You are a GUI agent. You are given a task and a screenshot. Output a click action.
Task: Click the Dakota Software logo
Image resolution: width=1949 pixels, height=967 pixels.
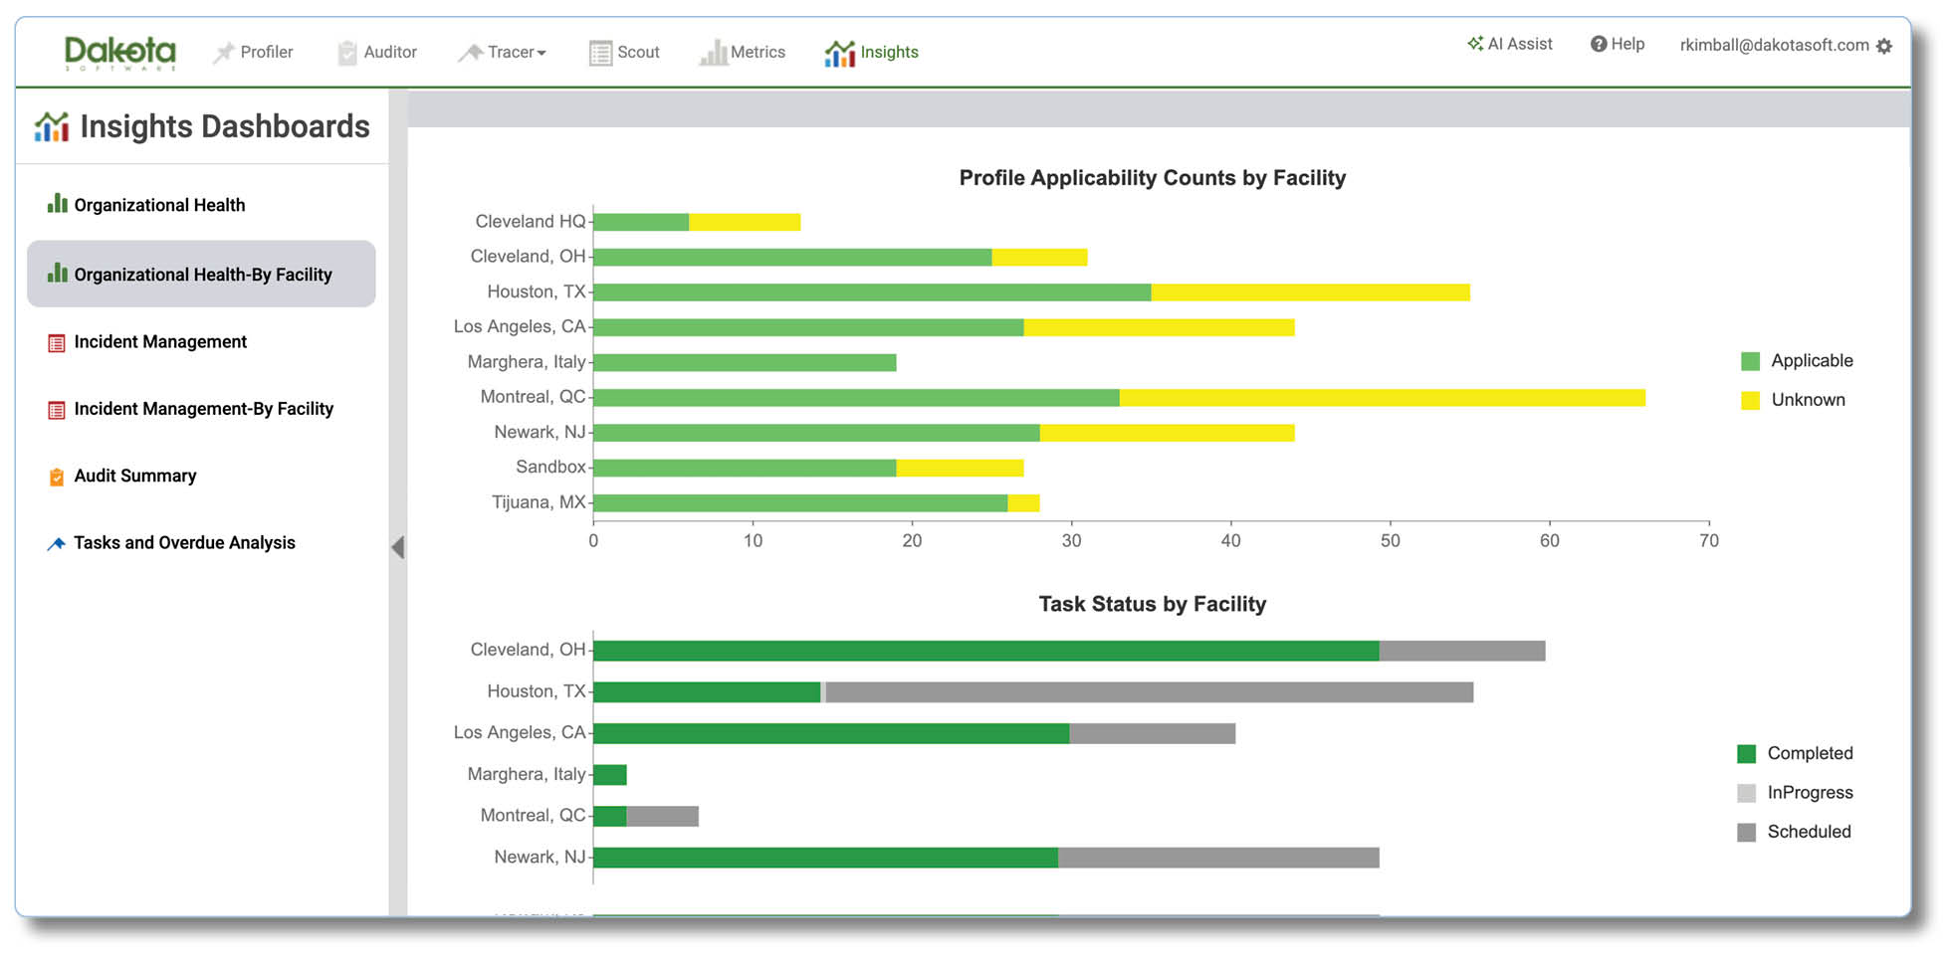(119, 53)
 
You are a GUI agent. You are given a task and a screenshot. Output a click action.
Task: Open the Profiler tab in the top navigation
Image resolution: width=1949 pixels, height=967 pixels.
(253, 52)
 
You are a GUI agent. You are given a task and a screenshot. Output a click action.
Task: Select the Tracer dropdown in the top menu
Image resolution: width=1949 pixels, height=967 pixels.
(503, 52)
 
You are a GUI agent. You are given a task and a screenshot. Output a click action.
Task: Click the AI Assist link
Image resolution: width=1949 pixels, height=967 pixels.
(1509, 44)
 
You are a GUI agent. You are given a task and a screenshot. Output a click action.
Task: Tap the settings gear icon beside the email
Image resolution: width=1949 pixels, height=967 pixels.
(1884, 46)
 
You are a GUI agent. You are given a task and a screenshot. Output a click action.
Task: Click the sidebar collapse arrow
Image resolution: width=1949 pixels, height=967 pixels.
(398, 546)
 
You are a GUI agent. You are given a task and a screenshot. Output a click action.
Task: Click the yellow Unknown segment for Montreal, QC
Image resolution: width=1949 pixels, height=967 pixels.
(1383, 398)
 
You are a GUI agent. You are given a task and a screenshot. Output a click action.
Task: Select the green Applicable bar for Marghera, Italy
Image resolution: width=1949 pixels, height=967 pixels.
(745, 362)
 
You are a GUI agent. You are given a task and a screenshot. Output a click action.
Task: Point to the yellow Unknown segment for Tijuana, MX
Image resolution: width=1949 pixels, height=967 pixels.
(1023, 503)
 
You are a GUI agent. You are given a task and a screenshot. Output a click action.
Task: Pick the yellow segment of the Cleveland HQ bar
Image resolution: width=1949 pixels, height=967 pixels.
(745, 222)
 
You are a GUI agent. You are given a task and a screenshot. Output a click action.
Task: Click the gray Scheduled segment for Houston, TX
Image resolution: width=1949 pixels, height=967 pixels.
(1150, 692)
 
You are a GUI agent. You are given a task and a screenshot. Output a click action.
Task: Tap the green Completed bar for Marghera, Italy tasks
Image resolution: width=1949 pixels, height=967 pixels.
(610, 775)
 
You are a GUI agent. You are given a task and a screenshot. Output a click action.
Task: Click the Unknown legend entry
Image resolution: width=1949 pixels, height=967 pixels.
(1793, 400)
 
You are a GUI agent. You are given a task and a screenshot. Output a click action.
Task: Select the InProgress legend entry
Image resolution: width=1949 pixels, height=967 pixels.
(1795, 793)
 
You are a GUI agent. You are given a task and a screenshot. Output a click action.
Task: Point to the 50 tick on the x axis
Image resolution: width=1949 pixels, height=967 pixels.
(1390, 540)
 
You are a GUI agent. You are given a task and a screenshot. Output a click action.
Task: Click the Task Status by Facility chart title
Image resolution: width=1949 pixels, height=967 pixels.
(1153, 604)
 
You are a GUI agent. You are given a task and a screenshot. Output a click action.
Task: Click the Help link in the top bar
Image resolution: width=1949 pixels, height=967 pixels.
(1618, 44)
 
